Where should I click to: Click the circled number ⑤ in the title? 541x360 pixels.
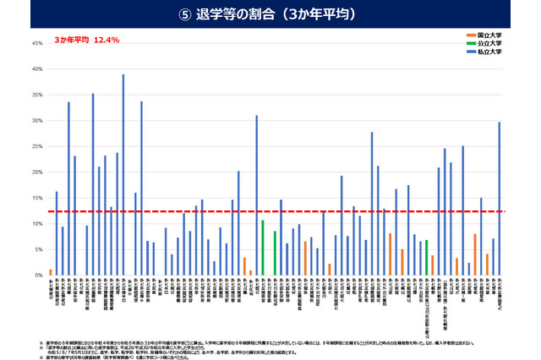tap(198, 14)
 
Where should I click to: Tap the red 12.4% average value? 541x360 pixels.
tap(107, 40)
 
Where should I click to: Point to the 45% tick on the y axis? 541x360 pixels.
tap(36, 43)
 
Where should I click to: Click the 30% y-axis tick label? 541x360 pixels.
tap(36, 121)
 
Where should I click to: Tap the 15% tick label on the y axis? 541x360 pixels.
tap(36, 198)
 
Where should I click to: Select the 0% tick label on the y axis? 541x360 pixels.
tap(38, 275)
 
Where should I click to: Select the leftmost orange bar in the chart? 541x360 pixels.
tap(51, 272)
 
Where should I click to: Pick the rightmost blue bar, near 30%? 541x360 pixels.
tap(500, 199)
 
